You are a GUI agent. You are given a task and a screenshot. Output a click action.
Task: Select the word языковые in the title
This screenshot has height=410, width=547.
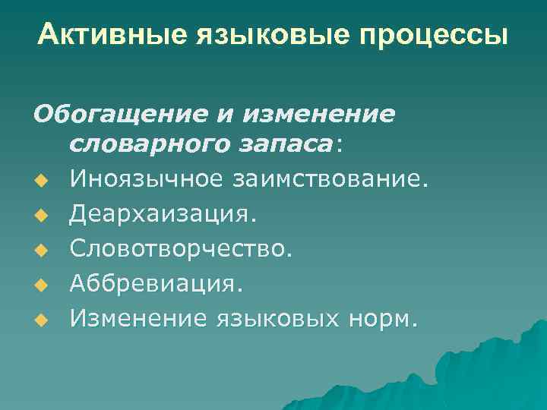point(242,35)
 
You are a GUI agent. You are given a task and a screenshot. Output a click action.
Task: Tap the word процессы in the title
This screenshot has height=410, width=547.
point(417,35)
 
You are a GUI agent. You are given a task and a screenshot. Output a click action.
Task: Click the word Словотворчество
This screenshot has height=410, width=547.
point(181,248)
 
